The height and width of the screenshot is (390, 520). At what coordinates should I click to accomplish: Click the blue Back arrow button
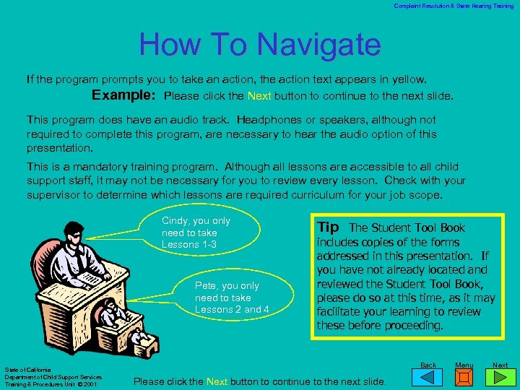pyautogui.click(x=429, y=378)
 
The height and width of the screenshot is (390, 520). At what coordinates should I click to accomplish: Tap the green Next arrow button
pyautogui.click(x=500, y=378)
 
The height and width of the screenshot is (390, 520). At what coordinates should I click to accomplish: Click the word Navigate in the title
pyautogui.click(x=320, y=45)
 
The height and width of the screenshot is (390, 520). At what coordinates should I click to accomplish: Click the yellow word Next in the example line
pyautogui.click(x=259, y=96)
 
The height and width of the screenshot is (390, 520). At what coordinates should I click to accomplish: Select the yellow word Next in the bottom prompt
pyautogui.click(x=217, y=381)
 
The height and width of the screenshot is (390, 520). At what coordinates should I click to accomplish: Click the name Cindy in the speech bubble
pyautogui.click(x=175, y=221)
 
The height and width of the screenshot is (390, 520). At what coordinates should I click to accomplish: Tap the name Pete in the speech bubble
pyautogui.click(x=206, y=286)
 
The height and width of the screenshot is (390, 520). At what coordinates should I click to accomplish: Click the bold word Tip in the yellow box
pyautogui.click(x=329, y=227)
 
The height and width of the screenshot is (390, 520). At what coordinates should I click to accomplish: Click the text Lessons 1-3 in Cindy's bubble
pyautogui.click(x=190, y=244)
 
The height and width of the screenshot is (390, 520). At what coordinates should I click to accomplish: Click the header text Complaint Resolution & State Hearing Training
pyautogui.click(x=454, y=6)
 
